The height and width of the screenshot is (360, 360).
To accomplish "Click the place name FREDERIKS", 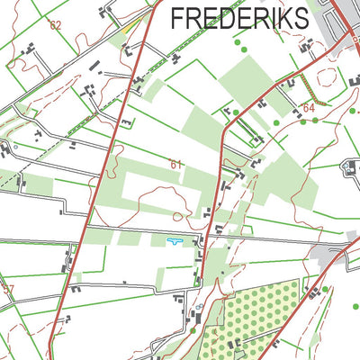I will (238, 17).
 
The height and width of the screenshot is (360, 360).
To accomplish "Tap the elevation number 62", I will (56, 25).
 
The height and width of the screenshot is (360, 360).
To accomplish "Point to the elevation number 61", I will (175, 164).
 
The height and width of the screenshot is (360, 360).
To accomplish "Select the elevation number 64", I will (309, 108).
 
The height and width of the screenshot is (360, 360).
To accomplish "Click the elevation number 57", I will (8, 289).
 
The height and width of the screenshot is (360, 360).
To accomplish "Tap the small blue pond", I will (173, 240).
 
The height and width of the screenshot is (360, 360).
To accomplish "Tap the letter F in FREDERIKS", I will (177, 17).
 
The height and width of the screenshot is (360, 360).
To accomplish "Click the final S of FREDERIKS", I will (301, 17).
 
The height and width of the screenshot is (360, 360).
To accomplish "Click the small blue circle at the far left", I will (14, 145).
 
